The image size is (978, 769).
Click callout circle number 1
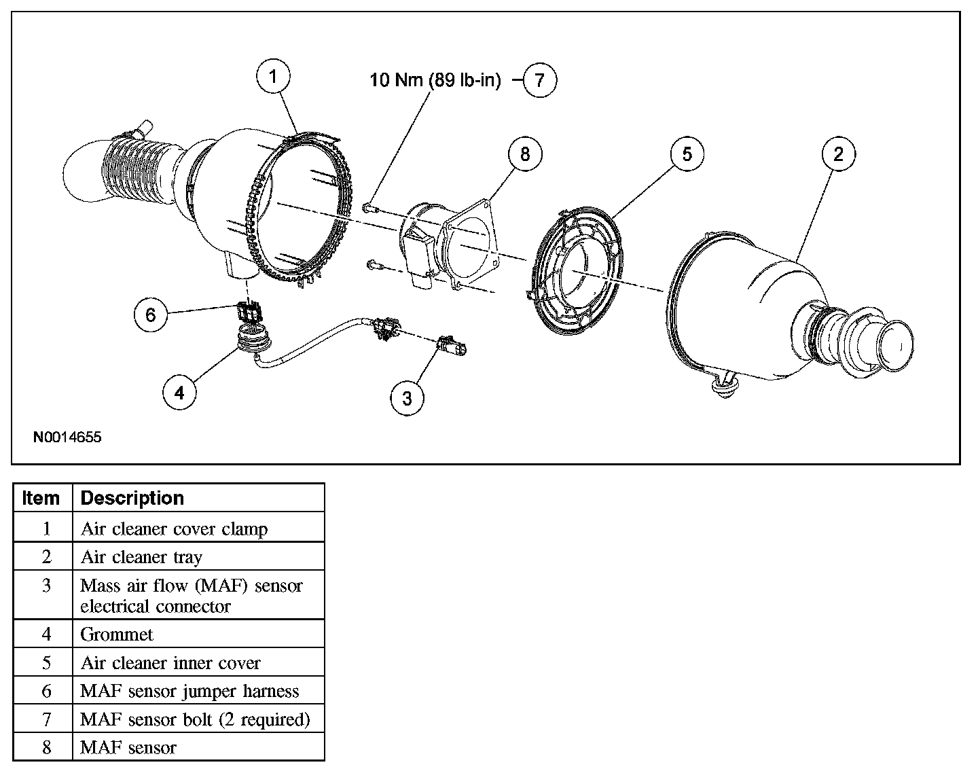click(273, 77)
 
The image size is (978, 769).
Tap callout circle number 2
click(838, 154)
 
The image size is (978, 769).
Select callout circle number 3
click(407, 398)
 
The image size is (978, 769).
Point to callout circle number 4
click(179, 393)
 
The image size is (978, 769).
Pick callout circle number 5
click(687, 154)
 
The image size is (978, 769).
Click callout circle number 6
click(151, 315)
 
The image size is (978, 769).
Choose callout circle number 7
click(539, 80)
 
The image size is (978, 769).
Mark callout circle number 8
click(524, 154)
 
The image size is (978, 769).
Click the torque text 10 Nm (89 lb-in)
click(435, 80)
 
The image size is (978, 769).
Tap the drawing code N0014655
click(67, 437)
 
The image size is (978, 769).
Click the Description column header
click(132, 498)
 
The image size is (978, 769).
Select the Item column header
click(41, 498)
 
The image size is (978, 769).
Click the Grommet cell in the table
click(117, 634)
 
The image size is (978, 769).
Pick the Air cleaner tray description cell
click(141, 557)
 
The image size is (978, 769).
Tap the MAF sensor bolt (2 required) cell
click(195, 719)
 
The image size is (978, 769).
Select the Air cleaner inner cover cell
click(170, 663)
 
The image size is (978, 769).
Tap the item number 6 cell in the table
click(46, 691)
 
